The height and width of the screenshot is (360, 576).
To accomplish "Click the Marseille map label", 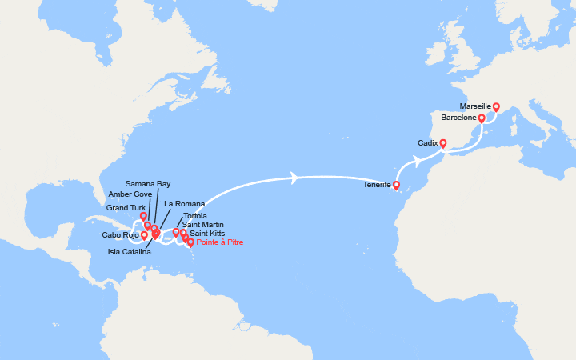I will (475, 106).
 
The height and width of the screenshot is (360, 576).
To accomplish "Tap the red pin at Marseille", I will (496, 107).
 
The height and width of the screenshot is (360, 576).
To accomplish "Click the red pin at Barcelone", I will (482, 119).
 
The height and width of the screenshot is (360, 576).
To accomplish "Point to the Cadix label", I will (428, 143).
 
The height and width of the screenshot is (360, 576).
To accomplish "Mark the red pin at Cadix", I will (442, 145).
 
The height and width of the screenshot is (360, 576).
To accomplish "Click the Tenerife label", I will (377, 184).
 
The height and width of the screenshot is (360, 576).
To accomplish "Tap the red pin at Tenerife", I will (396, 186).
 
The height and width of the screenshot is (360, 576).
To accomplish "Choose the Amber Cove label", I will (130, 194).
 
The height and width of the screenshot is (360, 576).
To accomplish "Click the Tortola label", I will (196, 216).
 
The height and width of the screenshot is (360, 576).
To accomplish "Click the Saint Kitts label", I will (207, 234).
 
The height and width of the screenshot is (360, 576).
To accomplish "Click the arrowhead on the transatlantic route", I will (295, 178).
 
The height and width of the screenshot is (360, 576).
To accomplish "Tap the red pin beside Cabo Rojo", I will (144, 235).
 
